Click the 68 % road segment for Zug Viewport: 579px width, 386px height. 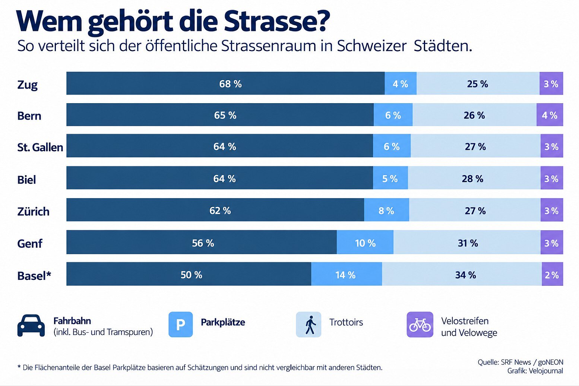pos(225,83)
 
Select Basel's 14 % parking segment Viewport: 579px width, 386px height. pos(347,274)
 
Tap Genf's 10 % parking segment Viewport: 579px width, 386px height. pos(365,242)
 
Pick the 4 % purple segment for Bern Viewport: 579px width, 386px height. pos(550,115)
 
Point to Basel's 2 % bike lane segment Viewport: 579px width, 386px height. pos(553,274)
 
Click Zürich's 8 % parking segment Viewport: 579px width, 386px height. pos(387,210)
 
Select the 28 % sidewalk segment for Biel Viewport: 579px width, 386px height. pos(474,178)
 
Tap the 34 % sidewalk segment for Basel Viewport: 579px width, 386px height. pos(462,274)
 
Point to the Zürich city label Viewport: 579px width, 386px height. pos(33,211)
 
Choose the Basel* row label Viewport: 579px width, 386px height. pos(34,276)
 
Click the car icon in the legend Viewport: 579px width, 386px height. pos(31,325)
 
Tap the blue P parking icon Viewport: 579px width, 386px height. pos(181,324)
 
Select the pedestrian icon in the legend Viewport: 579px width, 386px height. pos(309,324)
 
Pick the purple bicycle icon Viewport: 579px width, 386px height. pos(420,324)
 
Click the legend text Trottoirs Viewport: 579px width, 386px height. pos(346,322)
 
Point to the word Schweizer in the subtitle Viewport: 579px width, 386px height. pos(372,46)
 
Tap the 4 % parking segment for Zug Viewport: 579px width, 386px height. pos(401,83)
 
